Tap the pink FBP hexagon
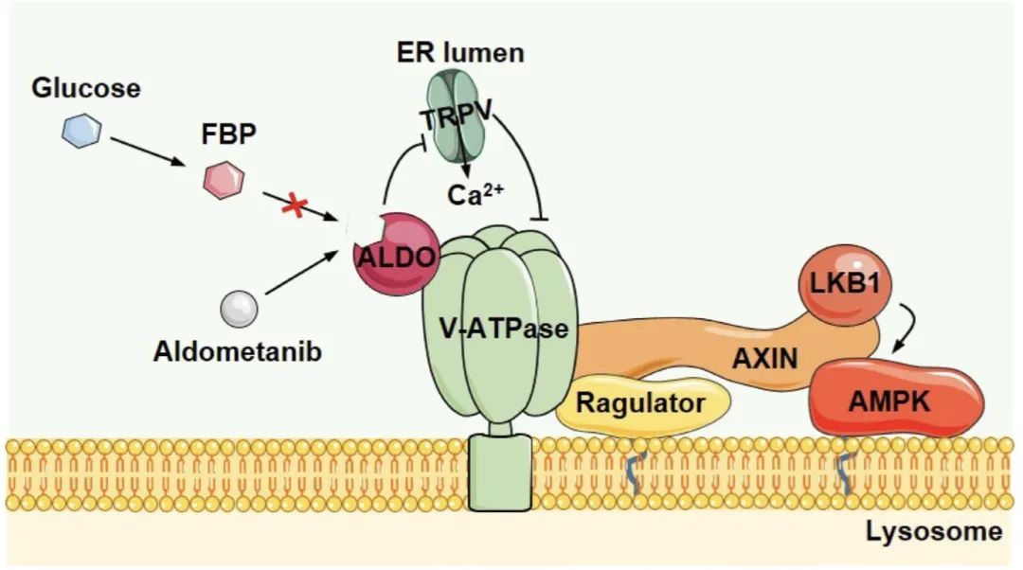[x=224, y=178]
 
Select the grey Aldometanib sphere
[x=238, y=308]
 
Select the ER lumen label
[x=459, y=52]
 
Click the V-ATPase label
[x=504, y=330]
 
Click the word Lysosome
[x=933, y=531]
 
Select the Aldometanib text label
[x=237, y=352]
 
